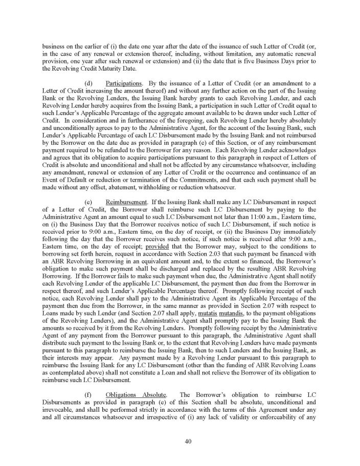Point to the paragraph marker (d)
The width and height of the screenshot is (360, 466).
pos(87,83)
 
